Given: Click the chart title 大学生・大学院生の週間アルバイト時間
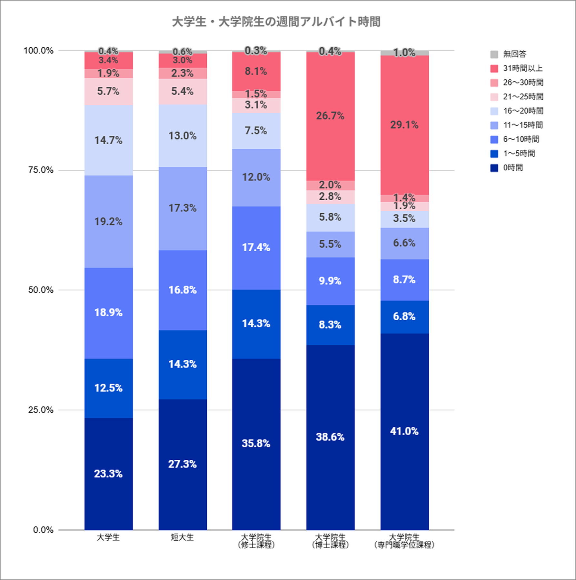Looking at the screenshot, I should [276, 22].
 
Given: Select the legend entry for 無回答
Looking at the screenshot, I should [514, 54].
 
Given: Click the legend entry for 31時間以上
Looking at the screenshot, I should [522, 68].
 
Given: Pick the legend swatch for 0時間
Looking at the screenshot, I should [494, 168].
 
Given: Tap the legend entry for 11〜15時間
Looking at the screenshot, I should [523, 125].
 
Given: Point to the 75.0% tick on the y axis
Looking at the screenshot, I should [41, 170].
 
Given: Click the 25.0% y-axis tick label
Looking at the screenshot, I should [41, 410].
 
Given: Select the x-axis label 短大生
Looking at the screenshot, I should [182, 537].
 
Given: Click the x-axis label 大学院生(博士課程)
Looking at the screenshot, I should [330, 541].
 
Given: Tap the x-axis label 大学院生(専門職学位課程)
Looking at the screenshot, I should [404, 541].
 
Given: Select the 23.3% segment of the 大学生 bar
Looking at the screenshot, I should [108, 474].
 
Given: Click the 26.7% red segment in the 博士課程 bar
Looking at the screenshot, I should [330, 116].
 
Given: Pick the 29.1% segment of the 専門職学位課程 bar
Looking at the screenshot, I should [404, 125].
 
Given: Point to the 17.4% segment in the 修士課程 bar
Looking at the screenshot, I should [256, 248].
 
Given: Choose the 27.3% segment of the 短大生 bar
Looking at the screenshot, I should [183, 464].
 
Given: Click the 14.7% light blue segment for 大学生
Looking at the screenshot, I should [108, 140].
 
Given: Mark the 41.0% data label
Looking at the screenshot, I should [404, 431].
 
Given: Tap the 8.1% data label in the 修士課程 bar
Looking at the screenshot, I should [256, 71].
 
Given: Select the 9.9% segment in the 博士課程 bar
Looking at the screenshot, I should [330, 281].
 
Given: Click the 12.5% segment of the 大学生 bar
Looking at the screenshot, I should [108, 388].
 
